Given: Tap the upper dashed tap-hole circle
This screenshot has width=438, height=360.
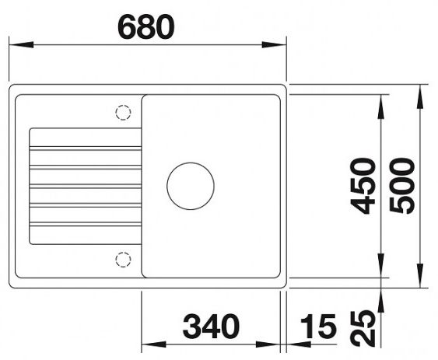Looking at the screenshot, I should (x=122, y=113).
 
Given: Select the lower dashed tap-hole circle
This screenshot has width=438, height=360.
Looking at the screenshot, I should (x=122, y=258).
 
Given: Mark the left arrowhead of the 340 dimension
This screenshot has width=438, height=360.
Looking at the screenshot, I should (x=148, y=344).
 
